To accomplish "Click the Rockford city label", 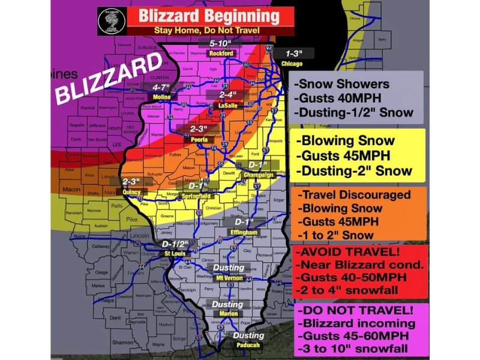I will pyautogui.click(x=221, y=53).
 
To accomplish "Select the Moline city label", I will pyautogui.click(x=162, y=97).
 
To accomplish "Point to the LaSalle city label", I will pyautogui.click(x=227, y=105).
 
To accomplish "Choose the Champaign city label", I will pyautogui.click(x=258, y=175).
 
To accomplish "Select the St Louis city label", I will pyautogui.click(x=175, y=254).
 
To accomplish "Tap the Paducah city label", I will pyautogui.click(x=248, y=346).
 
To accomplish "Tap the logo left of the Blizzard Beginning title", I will pyautogui.click(x=112, y=22).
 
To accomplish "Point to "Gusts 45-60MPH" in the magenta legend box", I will pyautogui.click(x=344, y=335).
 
